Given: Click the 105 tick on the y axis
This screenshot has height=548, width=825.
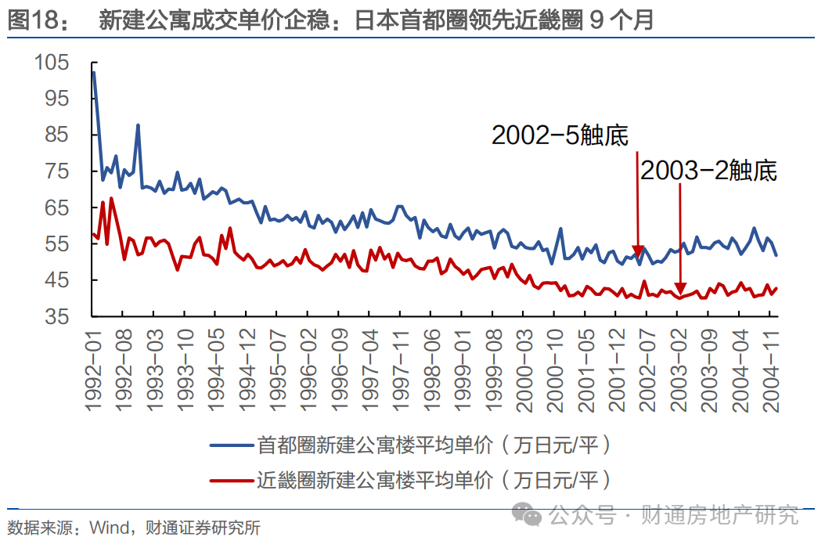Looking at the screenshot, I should point(52,63).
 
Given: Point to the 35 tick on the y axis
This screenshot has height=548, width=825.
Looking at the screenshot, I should point(59,317).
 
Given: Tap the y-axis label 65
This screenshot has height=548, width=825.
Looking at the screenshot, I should point(59,208).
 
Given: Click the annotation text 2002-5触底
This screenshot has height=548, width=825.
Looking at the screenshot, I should point(560,135).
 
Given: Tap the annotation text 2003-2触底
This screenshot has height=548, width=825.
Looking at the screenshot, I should point(708,171).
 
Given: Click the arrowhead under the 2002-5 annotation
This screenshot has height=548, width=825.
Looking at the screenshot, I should point(638,252).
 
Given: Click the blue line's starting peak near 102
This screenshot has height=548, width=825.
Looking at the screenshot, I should point(93,72).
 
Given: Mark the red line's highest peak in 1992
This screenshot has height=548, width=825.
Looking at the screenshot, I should point(111,198).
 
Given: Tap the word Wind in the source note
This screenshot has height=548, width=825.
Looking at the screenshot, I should point(108,528).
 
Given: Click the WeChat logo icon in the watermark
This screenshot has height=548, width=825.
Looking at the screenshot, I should point(527,514).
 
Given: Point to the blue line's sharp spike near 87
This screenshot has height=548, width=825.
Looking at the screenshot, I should point(138,125).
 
